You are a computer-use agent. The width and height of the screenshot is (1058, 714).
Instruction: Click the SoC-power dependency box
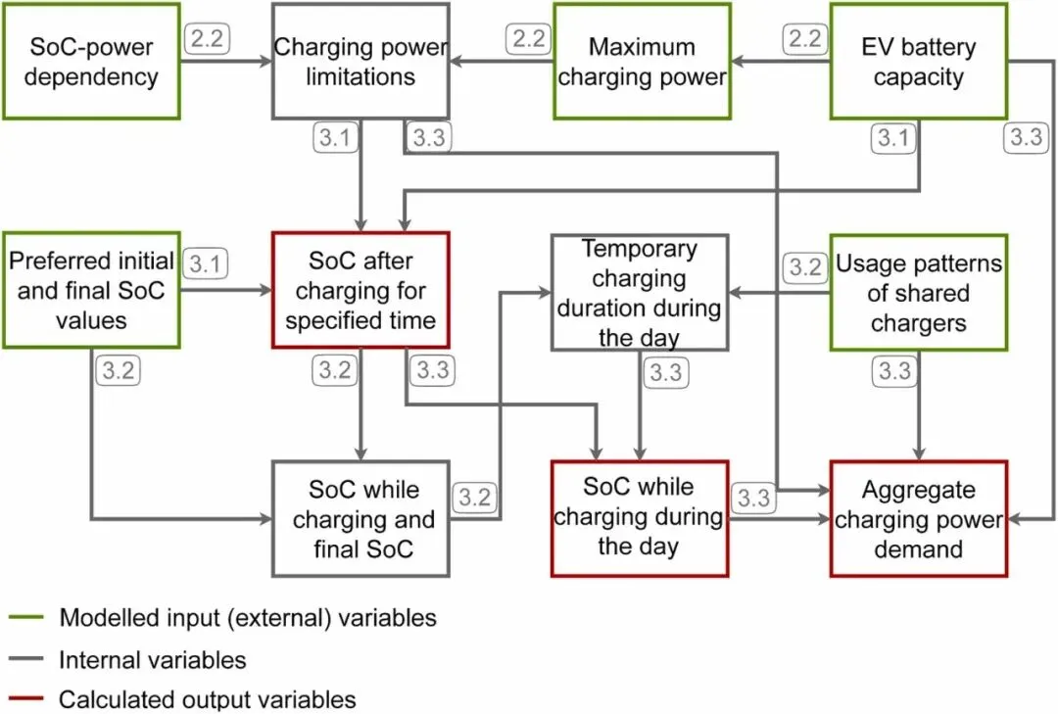point(90,61)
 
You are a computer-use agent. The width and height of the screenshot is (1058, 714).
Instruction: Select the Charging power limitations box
point(361,61)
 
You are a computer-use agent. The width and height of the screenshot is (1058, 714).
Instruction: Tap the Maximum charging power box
point(642,61)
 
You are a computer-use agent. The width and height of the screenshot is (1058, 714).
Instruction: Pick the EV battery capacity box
point(918,61)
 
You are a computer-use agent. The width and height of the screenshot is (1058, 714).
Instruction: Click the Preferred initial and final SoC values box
point(90,290)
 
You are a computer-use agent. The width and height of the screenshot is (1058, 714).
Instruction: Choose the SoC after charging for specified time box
point(361,290)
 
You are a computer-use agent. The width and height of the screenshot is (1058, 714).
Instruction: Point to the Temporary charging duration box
point(639,293)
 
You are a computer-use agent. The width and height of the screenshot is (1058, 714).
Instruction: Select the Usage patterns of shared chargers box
point(918,293)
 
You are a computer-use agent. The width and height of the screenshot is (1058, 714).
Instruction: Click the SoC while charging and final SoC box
point(362,518)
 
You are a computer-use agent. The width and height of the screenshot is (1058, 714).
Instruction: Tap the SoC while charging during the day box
point(639,517)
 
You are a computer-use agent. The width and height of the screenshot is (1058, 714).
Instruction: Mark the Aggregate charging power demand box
point(918,518)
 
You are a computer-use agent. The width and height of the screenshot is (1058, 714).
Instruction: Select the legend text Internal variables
point(152,659)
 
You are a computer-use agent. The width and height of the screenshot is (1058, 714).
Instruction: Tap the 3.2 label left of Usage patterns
point(805,267)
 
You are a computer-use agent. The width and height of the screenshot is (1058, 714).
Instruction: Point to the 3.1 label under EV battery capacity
point(892,138)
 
